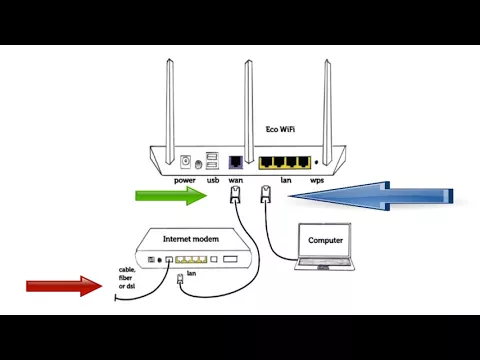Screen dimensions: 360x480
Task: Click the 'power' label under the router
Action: pos(185,180)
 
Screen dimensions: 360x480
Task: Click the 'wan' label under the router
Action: pos(236,180)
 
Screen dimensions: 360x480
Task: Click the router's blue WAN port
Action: pos(236,161)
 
